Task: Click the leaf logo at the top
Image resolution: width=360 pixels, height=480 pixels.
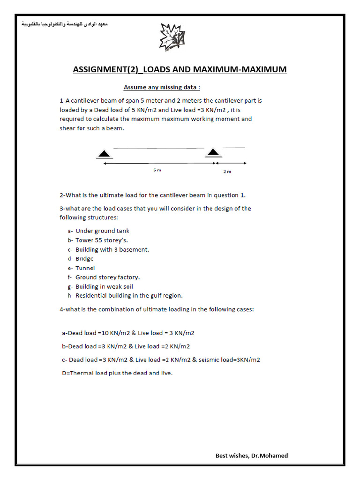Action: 172,36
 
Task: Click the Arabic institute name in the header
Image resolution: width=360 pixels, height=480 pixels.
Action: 65,23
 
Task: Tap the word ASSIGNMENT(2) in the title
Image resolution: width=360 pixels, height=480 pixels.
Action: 106,70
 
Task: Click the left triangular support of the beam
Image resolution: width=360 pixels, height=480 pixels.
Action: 105,153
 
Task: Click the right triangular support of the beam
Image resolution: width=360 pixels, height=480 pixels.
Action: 214,151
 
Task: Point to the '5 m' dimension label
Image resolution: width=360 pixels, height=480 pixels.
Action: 157,170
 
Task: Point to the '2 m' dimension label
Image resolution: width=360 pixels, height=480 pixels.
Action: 227,172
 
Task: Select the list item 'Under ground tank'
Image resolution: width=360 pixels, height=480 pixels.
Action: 102,231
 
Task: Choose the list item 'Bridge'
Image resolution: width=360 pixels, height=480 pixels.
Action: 84,259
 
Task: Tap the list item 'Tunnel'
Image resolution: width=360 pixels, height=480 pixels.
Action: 85,268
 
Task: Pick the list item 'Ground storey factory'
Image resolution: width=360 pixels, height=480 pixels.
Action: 107,277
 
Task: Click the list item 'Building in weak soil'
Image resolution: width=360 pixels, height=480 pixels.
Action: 104,286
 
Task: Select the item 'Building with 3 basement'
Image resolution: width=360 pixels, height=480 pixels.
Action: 112,249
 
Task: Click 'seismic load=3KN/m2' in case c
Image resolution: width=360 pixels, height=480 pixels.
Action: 229,360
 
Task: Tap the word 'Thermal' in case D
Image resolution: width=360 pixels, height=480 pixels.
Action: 80,373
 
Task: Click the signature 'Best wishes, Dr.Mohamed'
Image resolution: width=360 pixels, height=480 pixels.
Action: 252,456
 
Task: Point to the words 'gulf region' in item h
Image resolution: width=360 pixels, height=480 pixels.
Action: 166,296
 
